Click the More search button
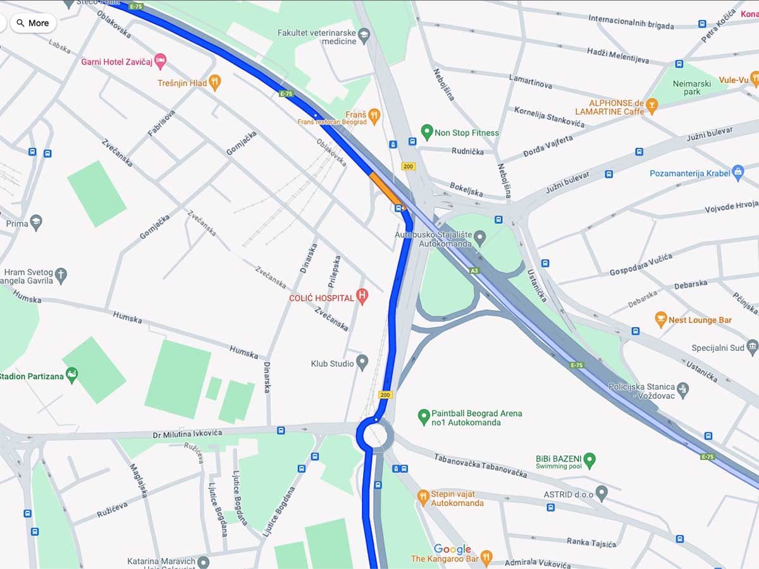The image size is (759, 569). (x=32, y=23)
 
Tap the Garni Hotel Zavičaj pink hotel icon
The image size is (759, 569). (x=161, y=61)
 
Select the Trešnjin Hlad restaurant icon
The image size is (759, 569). (x=215, y=82)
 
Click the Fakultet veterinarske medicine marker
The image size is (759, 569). (x=364, y=35)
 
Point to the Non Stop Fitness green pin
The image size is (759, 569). (x=426, y=133)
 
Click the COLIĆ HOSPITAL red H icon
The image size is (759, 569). (x=362, y=296)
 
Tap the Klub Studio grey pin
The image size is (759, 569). (x=362, y=362)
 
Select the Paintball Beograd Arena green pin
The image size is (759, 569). (x=424, y=417)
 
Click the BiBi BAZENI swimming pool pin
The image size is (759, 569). (x=589, y=460)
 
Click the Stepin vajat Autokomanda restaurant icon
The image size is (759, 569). (x=423, y=498)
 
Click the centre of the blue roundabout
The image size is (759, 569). (x=374, y=435)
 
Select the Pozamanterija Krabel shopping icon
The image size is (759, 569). (x=737, y=173)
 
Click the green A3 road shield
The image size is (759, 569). (x=474, y=271)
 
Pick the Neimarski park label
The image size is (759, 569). (x=692, y=87)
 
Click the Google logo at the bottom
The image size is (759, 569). (x=452, y=549)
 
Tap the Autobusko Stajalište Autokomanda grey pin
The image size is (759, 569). (x=479, y=238)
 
